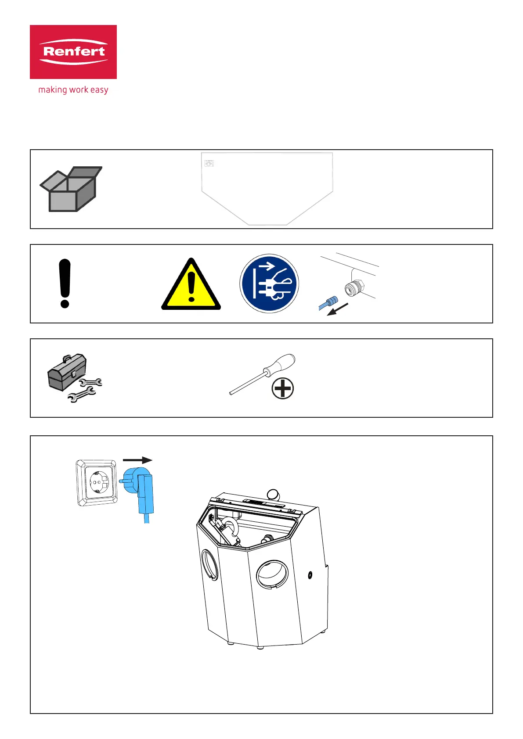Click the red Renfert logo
point(73,52)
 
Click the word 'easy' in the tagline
point(99,90)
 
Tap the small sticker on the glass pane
point(209,163)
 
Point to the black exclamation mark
point(65,283)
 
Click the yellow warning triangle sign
point(191,285)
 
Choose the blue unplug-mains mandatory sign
point(269,283)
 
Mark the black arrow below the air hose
point(338,309)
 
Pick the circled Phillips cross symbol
point(282,389)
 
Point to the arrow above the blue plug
point(137,460)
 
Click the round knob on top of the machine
point(273,494)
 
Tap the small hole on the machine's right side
point(310,574)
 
